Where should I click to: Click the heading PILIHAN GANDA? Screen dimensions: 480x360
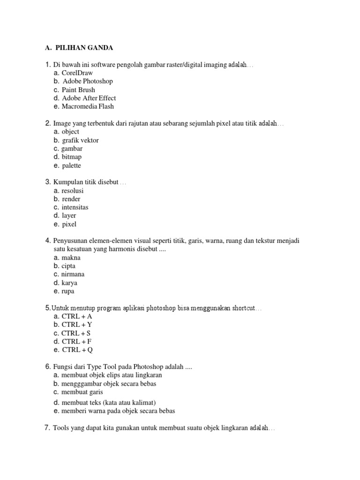[x=84, y=48]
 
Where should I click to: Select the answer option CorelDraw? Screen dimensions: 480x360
[x=77, y=73]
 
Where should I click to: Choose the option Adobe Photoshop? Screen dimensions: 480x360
[x=88, y=81]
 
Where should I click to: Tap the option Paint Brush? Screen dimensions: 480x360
[x=78, y=90]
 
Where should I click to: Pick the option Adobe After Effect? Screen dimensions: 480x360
[x=89, y=98]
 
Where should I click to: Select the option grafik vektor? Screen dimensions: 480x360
[x=80, y=140]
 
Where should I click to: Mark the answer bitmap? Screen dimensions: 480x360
[x=71, y=157]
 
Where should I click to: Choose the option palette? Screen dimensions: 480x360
[x=71, y=165]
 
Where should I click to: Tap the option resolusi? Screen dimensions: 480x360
[x=73, y=191]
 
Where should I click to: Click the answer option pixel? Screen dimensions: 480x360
[x=69, y=225]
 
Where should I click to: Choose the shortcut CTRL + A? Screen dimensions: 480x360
[x=77, y=316]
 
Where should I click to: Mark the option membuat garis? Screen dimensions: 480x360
[x=82, y=392]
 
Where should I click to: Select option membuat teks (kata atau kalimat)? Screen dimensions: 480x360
[x=108, y=403]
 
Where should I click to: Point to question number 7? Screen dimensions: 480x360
[x=47, y=428]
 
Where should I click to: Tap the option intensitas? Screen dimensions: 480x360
[x=75, y=208]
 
